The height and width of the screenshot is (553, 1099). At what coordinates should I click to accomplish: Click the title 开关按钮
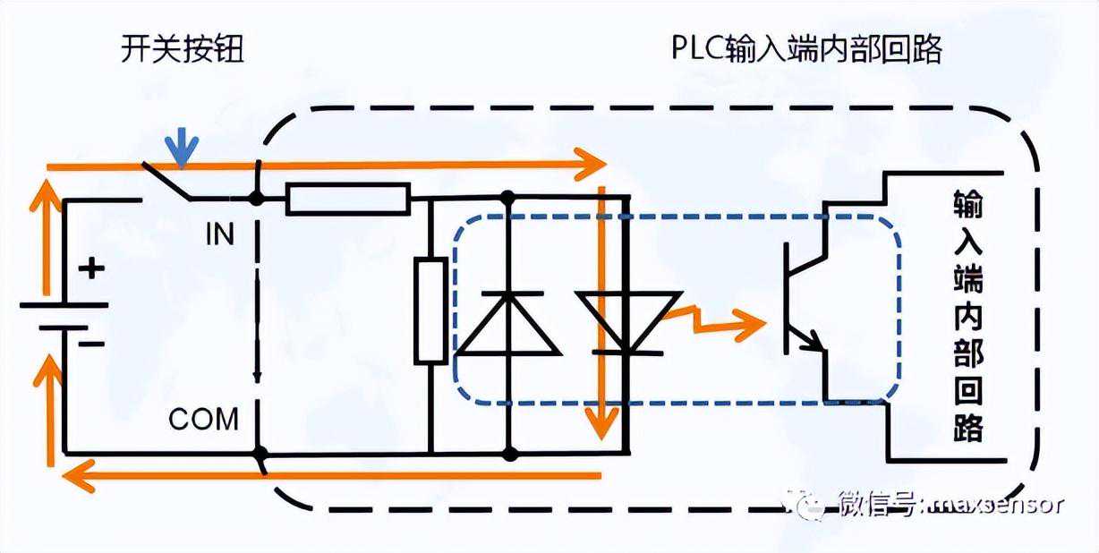[x=182, y=50]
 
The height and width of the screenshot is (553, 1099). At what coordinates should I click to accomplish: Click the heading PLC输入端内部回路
[x=806, y=50]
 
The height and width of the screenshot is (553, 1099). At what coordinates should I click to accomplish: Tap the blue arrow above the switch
[x=183, y=147]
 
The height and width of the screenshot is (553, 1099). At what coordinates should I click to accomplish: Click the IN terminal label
[x=219, y=234]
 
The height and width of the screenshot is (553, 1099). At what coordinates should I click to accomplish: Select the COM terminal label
[x=204, y=418]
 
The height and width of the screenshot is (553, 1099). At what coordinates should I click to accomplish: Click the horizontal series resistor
[x=348, y=199]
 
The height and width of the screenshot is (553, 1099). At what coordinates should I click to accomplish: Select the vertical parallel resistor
[x=430, y=310]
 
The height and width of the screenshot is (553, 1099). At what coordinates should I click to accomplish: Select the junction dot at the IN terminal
[x=257, y=199]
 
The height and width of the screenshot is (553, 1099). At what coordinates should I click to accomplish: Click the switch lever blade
[x=166, y=179]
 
